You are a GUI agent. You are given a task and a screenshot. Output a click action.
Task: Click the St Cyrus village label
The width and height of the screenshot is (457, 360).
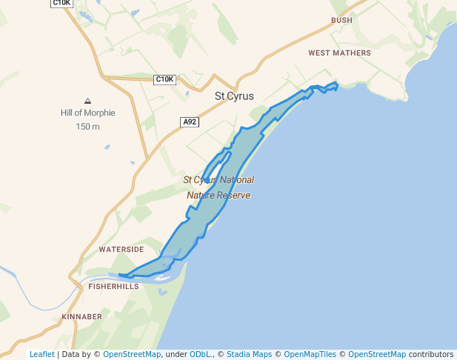tap(234, 96)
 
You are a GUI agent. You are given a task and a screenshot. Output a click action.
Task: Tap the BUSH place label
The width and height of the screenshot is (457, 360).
tap(341, 21)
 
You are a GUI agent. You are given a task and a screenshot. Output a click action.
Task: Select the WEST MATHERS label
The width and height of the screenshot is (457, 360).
tap(339, 53)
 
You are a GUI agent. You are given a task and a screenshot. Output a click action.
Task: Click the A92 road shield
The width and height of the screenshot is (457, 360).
tap(190, 121)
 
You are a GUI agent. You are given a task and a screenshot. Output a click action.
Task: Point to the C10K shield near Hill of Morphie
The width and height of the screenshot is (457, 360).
tap(164, 79)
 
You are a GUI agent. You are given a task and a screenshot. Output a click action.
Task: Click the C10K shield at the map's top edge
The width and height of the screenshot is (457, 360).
tap(61, 3)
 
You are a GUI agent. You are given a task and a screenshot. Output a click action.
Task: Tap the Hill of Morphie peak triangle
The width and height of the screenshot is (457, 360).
tap(87, 101)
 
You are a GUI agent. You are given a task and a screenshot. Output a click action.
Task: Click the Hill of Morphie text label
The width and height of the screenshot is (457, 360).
tap(87, 113)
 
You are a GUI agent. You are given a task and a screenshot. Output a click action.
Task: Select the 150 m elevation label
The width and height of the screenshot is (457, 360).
tap(87, 127)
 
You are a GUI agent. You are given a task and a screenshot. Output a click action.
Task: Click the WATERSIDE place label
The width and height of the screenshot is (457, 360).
tap(121, 250)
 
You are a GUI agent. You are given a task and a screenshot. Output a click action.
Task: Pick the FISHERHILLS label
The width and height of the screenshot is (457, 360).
tap(113, 286)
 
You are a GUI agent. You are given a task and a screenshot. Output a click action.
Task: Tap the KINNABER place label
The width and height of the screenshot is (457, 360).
tap(82, 317)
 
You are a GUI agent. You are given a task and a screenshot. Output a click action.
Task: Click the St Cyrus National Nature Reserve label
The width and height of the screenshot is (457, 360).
tap(219, 187)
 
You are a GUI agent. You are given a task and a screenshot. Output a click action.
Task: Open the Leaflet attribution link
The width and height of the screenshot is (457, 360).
tap(41, 354)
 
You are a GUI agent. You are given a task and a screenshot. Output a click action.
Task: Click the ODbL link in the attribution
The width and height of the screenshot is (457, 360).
tap(199, 354)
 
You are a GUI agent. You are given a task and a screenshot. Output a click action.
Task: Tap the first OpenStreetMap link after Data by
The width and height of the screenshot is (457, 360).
tap(132, 354)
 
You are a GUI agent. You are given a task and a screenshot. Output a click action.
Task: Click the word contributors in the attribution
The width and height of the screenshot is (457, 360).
tap(430, 354)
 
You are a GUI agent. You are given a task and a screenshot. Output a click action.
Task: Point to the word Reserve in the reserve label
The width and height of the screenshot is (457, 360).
tap(233, 196)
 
